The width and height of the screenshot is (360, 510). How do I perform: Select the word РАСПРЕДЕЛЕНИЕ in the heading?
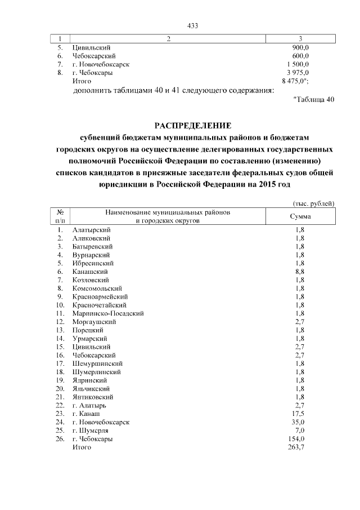click(x=193, y=125)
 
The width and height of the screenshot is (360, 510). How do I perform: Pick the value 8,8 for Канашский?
click(x=300, y=271)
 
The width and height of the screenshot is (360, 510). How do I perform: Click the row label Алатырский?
click(x=92, y=230)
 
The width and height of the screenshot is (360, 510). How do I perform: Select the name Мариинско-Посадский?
click(x=109, y=313)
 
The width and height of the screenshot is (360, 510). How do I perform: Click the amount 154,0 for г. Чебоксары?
click(x=296, y=438)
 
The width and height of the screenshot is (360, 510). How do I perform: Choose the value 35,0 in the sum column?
click(x=298, y=422)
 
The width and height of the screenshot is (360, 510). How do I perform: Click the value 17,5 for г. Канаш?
click(x=298, y=413)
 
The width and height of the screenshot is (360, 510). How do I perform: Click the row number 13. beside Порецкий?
click(x=59, y=330)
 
